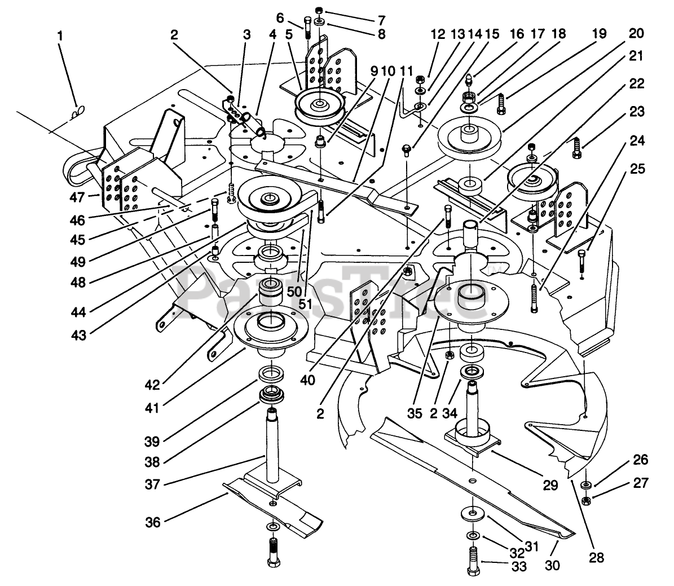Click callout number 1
[60, 36]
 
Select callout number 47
[77, 197]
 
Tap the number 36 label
[153, 522]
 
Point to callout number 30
[552, 565]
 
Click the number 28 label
[596, 558]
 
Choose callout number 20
[636, 33]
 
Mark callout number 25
[637, 169]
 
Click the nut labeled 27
[585, 500]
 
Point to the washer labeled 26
[585, 485]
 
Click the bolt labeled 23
[577, 148]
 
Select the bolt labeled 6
[308, 26]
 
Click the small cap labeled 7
[319, 10]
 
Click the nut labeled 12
[420, 80]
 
